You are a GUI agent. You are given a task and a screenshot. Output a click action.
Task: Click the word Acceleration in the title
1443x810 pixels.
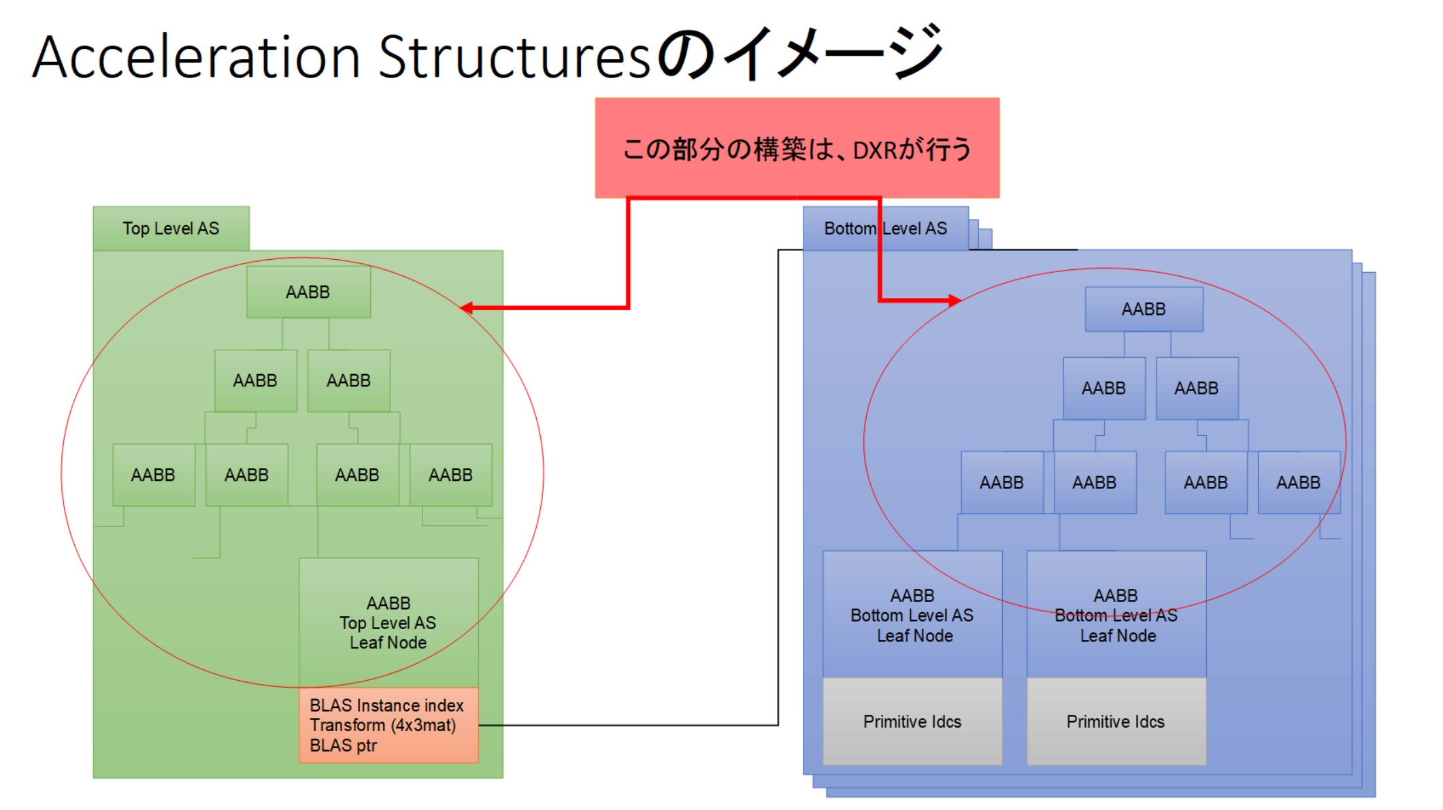click(196, 57)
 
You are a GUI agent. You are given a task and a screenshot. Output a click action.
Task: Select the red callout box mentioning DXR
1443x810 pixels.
click(797, 148)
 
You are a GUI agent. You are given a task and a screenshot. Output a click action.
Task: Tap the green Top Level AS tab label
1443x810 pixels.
click(171, 229)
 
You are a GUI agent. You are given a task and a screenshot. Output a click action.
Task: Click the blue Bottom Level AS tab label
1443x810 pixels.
click(885, 229)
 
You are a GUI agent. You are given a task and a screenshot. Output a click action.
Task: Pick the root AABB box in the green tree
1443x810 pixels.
click(308, 292)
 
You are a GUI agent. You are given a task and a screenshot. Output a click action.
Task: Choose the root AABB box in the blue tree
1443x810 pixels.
click(1144, 309)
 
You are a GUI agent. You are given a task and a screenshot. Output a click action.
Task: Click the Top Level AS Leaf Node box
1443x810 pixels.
click(388, 622)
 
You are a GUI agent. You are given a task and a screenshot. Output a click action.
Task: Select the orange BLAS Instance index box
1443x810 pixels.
click(388, 725)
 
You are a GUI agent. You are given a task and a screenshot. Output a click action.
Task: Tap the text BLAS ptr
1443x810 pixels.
click(343, 745)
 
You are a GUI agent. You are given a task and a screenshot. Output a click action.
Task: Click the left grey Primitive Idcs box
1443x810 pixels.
click(912, 721)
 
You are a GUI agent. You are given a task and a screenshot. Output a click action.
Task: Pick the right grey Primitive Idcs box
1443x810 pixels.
click(1116, 721)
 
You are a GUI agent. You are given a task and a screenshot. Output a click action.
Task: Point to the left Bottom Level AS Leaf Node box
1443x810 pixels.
click(912, 614)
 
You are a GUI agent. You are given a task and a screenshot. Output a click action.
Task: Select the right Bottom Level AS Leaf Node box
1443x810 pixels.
click(1116, 614)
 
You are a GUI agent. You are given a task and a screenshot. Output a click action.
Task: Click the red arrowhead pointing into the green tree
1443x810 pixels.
click(467, 308)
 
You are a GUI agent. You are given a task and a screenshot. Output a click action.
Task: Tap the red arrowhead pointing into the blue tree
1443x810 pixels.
click(955, 300)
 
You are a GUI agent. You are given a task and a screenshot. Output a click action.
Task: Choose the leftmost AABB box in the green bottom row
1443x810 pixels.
click(154, 475)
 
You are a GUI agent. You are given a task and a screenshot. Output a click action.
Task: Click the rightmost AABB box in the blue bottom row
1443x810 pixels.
click(1299, 482)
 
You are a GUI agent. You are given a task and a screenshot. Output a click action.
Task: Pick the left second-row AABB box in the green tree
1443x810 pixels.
click(256, 380)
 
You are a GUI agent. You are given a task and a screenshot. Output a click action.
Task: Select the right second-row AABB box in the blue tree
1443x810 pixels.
click(1197, 388)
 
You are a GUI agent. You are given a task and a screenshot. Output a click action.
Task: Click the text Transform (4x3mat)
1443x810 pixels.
click(383, 725)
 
